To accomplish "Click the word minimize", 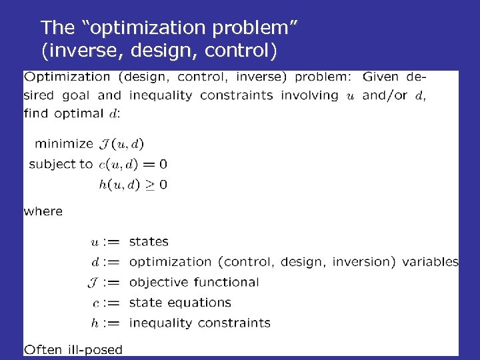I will pos(64,143).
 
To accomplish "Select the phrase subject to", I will pos(60,164).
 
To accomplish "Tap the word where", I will pos(43,211).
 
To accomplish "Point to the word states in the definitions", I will pos(149,241).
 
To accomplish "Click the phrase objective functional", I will pos(194,282).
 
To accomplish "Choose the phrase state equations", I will pos(180,303).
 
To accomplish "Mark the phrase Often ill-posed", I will pos(73,349).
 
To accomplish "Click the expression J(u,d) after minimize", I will pos(121,143).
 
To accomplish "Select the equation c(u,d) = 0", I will pos(133,164).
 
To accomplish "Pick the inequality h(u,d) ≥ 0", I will pos(133,184).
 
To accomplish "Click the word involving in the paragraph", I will pos(309,95).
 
